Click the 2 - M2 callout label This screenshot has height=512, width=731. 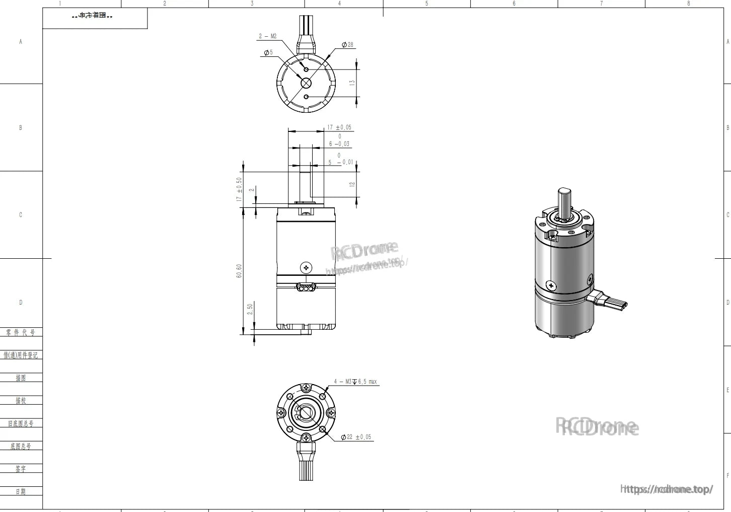(x=267, y=36)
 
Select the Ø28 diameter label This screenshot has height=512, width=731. (x=347, y=45)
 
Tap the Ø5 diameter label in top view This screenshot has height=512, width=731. (x=268, y=52)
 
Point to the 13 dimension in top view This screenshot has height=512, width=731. (x=352, y=82)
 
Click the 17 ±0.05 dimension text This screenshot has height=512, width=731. (x=339, y=127)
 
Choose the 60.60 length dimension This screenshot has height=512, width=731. (x=239, y=271)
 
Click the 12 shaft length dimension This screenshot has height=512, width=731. (x=352, y=184)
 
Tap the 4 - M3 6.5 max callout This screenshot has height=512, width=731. (x=355, y=382)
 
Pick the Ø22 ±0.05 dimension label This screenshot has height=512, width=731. (x=356, y=437)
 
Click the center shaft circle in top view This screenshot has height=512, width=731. (x=306, y=83)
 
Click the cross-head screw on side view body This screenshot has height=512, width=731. (x=306, y=267)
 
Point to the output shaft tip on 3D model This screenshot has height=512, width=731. (x=564, y=192)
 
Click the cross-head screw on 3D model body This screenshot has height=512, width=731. (x=551, y=285)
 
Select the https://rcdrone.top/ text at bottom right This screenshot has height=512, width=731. (x=667, y=489)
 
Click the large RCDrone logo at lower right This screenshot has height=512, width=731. (x=597, y=427)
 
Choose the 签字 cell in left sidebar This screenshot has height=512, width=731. (x=21, y=469)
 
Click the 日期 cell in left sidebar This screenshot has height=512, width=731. (x=21, y=491)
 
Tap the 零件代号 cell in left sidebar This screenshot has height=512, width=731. (x=21, y=333)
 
